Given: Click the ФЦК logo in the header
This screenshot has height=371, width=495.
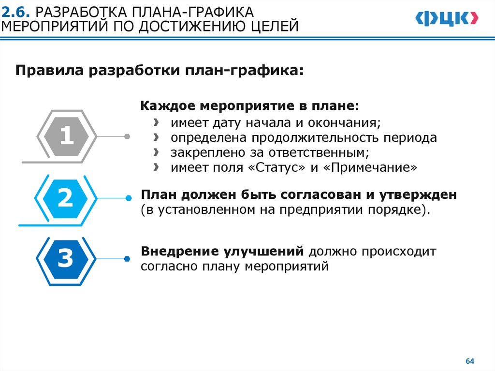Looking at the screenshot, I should [x=447, y=19].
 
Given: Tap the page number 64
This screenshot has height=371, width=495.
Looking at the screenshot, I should [x=469, y=361].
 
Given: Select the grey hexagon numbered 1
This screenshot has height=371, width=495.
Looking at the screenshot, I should [x=66, y=136].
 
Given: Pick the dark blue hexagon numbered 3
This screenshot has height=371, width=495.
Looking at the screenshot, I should [x=65, y=259].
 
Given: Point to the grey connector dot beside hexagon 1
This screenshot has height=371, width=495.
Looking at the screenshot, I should [x=127, y=136].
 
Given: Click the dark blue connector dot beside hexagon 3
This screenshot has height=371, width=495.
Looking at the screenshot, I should [x=128, y=259].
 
